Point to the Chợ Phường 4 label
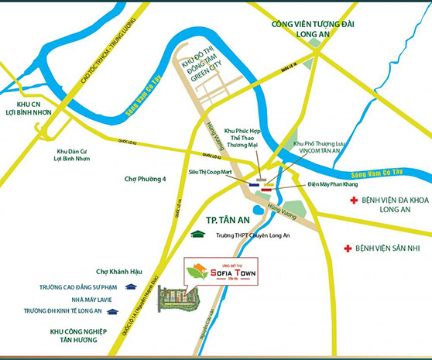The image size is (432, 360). pyautogui.click(x=146, y=180)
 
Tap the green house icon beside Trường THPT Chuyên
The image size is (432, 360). pyautogui.click(x=198, y=234)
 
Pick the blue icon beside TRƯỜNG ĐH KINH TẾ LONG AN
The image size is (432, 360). pyautogui.click(x=113, y=311)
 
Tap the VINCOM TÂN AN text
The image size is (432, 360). pyautogui.click(x=317, y=153)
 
